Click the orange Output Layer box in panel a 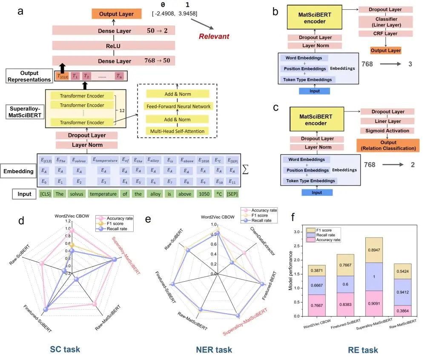click(116, 14)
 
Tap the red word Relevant click(214, 36)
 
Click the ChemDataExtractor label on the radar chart click(262, 241)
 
